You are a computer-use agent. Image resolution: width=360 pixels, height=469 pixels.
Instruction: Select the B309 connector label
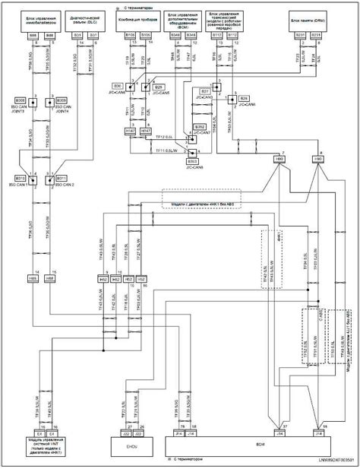[62, 100]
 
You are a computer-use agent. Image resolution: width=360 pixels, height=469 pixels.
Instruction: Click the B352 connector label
[199, 126]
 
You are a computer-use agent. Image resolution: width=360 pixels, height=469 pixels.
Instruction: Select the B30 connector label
[118, 86]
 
